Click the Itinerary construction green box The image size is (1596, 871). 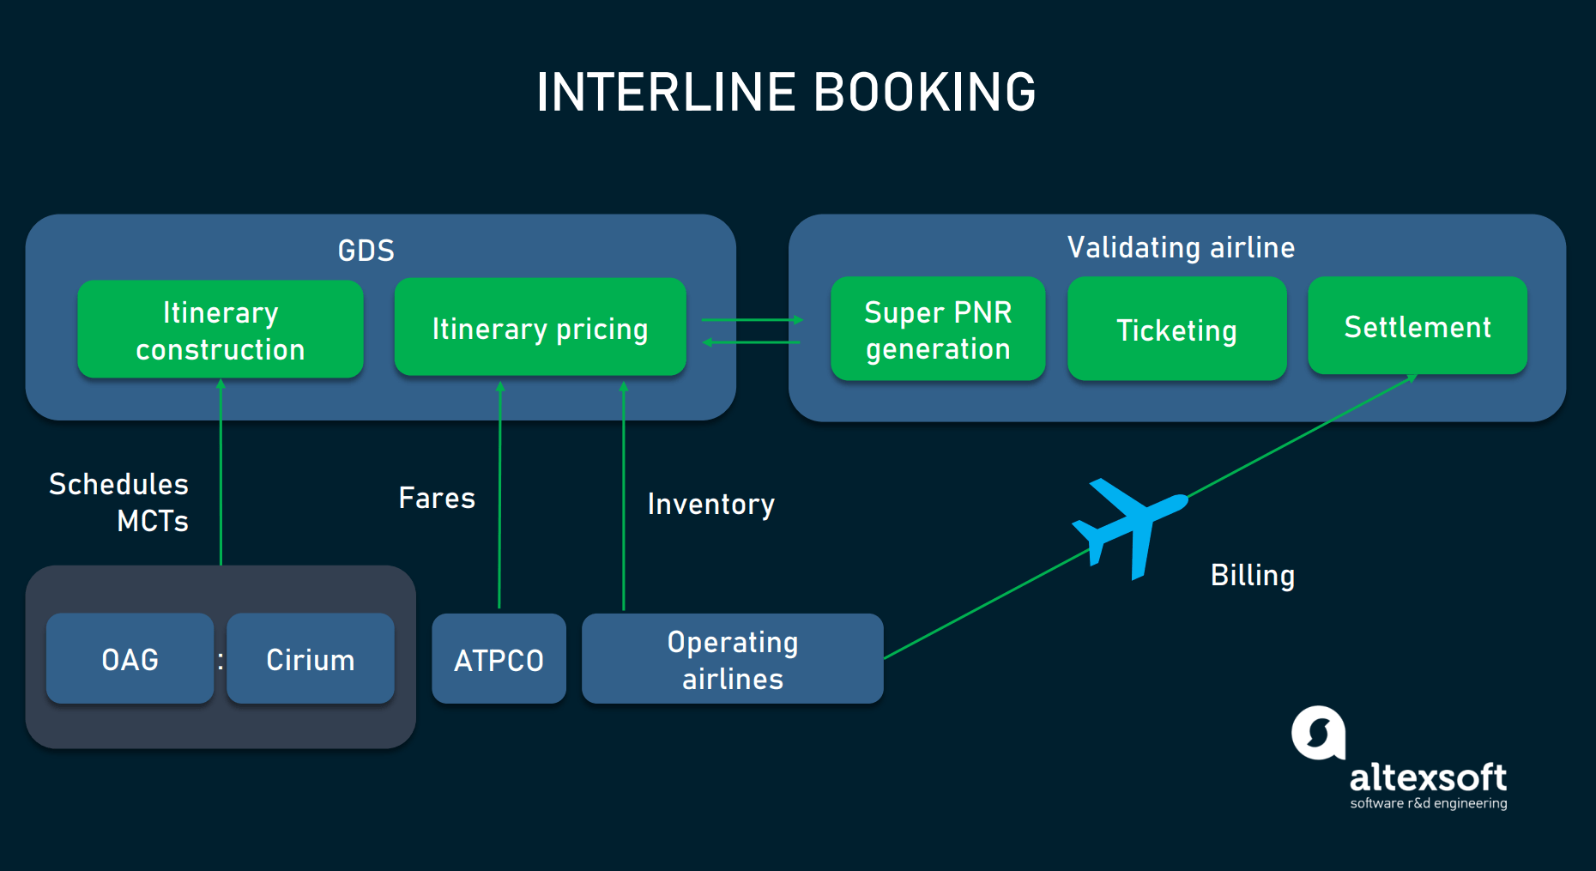pos(221,330)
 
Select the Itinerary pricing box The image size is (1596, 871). pos(540,327)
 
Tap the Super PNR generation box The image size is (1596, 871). pos(938,329)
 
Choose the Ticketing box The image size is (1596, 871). pos(1176,329)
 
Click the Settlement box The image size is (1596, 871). pos(1417,326)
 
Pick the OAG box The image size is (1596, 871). pos(130,658)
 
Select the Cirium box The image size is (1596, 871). pos(310,658)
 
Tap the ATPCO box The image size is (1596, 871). pos(499,659)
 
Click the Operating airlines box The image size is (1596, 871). pos(732,659)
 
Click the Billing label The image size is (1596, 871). pos(1252,575)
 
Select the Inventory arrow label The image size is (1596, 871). pos(710,504)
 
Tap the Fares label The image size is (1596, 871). pos(437,498)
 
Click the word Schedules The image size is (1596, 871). pos(118,484)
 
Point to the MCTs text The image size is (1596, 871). pos(153,521)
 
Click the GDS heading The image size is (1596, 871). pos(366,251)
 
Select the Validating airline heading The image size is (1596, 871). pos(1181,247)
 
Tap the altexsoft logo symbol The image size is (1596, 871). pos(1318,733)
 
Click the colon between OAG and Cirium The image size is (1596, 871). pos(221,660)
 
